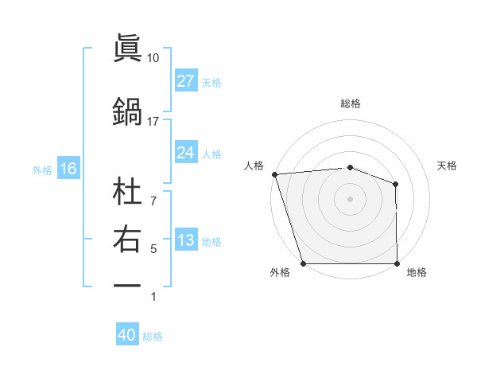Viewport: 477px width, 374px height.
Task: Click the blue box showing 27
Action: [x=185, y=81]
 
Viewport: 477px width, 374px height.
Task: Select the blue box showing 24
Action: [x=185, y=153]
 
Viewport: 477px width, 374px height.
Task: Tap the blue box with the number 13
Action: [x=185, y=241]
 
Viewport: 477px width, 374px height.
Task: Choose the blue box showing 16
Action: [x=68, y=169]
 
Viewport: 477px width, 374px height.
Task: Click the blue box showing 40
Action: [x=126, y=335]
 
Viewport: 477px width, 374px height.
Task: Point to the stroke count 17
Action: [x=153, y=121]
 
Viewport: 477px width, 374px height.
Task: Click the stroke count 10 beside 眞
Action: [x=153, y=58]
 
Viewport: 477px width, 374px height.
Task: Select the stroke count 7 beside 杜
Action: [x=153, y=193]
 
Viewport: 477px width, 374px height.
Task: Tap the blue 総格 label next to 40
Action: [x=153, y=337]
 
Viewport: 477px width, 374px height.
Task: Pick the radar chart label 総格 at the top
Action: [x=350, y=103]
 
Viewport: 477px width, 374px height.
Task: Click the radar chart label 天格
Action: [x=447, y=166]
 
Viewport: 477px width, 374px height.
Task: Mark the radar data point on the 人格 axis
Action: [x=274, y=174]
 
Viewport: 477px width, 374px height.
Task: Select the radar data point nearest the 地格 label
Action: [x=397, y=263]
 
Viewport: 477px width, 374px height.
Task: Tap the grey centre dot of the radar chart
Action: [x=350, y=199]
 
